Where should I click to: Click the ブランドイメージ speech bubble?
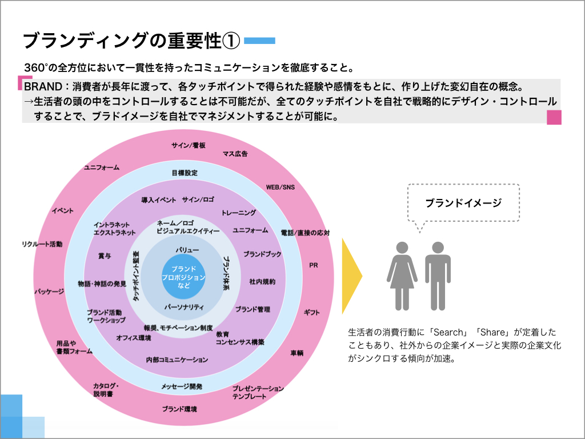[x=463, y=203]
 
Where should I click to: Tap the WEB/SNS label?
[x=281, y=187]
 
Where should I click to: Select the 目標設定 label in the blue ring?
[x=185, y=173]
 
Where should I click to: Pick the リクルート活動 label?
[x=41, y=244]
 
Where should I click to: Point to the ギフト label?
[x=312, y=312]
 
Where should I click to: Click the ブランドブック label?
[x=262, y=254]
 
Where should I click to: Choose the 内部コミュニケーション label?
[x=177, y=360]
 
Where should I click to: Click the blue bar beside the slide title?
[x=260, y=41]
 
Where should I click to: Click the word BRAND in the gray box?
[x=39, y=86]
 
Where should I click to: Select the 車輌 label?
[x=298, y=353]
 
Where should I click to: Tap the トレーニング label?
[x=239, y=213]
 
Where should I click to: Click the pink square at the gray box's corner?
[x=554, y=117]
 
